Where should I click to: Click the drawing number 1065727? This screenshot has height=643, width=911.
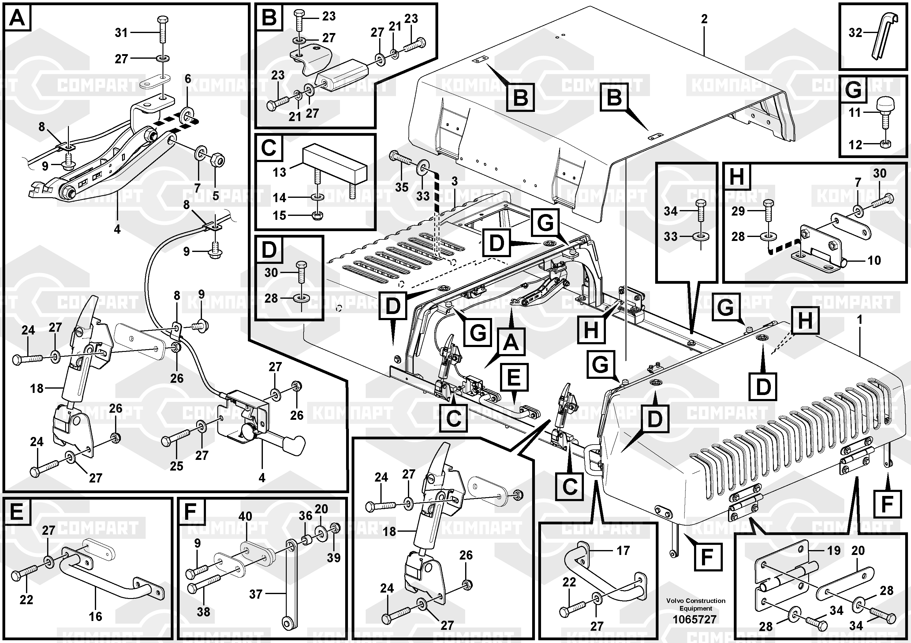point(694,619)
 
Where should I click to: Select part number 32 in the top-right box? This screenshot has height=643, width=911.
point(855,32)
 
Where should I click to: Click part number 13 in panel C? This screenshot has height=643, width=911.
point(279,172)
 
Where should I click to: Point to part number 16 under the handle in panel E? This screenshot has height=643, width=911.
point(95,616)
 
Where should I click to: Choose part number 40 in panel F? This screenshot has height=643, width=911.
point(245,516)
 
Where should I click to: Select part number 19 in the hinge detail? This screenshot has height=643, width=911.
point(834,550)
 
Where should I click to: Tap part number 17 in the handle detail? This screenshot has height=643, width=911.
point(623,550)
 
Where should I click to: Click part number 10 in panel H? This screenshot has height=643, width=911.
point(874,260)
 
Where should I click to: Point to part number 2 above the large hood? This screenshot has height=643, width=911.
point(704,19)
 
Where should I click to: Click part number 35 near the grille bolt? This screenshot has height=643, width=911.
point(401,187)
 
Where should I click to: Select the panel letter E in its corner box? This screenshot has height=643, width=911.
point(17,512)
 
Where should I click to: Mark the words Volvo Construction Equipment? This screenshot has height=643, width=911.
point(696,604)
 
